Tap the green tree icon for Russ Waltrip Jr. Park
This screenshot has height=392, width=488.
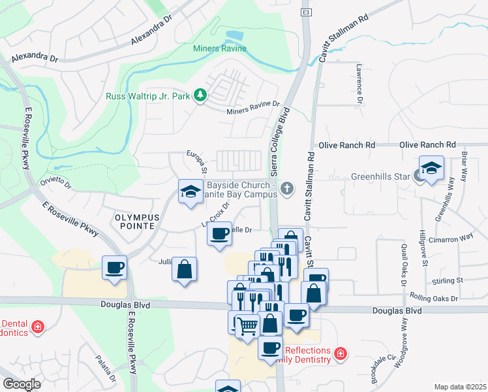click(x=202, y=96)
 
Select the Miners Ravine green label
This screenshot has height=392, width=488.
click(x=220, y=48)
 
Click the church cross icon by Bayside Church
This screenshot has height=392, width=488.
click(x=286, y=189)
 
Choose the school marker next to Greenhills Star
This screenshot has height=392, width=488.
click(x=431, y=169)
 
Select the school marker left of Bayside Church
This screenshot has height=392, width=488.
click(x=191, y=192)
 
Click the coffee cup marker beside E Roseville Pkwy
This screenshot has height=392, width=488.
click(x=115, y=267)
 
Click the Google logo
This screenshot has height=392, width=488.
click(x=22, y=384)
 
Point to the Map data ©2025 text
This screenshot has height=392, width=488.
click(x=460, y=387)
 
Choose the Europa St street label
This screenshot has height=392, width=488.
click(x=198, y=164)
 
